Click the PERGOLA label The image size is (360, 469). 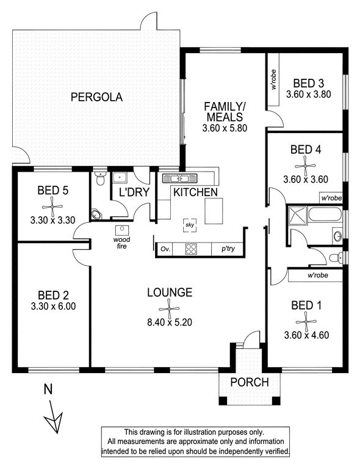click(96, 97)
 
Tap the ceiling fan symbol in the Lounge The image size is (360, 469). click(169, 308)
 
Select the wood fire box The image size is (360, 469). click(122, 231)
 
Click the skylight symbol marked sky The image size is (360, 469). click(190, 225)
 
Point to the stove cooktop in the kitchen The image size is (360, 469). click(191, 249)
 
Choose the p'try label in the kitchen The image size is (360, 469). click(228, 249)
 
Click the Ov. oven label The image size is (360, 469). click(165, 249)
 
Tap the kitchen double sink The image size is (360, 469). click(180, 178)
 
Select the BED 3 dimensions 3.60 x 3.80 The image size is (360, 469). click(309, 94)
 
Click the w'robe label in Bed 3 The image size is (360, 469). click(273, 79)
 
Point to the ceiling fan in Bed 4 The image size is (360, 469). click(305, 166)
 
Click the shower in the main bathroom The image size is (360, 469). click(297, 215)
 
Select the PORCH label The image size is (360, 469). click(250, 382)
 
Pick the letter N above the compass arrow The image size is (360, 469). click(48, 389)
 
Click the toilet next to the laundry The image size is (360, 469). click(99, 178)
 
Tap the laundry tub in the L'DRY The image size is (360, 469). click(120, 178)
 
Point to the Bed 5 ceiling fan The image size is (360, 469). click(52, 206)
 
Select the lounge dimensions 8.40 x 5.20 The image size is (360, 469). click(170, 322)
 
